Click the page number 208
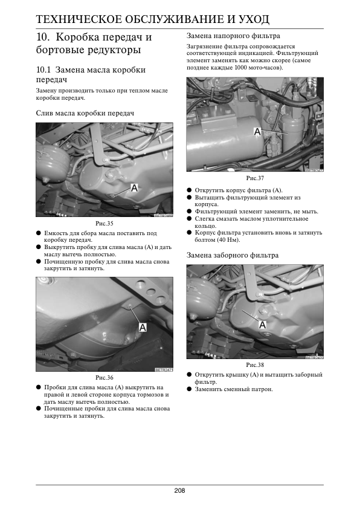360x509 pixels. [179, 490]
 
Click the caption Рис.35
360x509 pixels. [104, 223]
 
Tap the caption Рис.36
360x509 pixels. [104, 378]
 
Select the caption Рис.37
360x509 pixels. [255, 178]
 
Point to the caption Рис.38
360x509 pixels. [255, 365]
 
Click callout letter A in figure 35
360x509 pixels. [134, 187]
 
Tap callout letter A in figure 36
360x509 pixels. [143, 328]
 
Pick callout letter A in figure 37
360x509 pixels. [257, 132]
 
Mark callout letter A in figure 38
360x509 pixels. [262, 324]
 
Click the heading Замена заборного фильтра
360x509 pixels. [233, 255]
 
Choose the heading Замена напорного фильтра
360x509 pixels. [233, 36]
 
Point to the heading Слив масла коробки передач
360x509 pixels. [85, 113]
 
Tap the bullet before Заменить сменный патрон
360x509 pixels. [190, 389]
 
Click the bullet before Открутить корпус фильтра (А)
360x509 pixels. [190, 190]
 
